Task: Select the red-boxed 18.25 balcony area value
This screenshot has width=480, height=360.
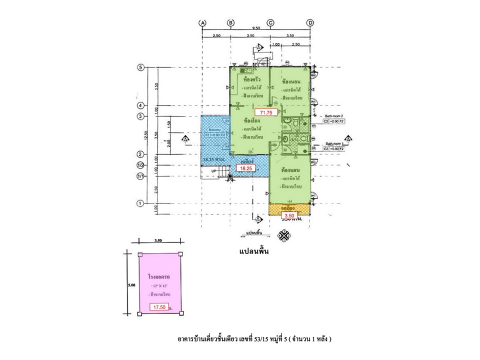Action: click(245, 169)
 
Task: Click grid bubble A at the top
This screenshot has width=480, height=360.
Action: click(202, 22)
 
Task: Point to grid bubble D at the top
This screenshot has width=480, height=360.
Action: click(310, 22)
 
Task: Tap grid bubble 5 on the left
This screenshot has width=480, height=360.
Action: click(141, 67)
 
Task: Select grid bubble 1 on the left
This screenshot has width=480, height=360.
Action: click(141, 203)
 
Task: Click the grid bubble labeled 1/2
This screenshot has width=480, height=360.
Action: click(141, 165)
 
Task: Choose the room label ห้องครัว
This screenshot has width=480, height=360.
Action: click(250, 79)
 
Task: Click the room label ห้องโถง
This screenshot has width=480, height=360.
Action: click(250, 120)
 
